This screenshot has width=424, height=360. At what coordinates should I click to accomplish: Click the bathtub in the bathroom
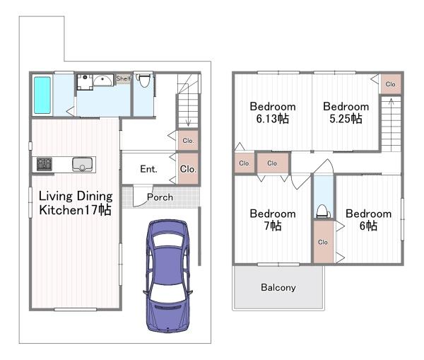[42, 95]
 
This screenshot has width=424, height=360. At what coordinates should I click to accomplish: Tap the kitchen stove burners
[45, 164]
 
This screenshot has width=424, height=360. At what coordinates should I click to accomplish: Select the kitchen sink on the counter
[82, 165]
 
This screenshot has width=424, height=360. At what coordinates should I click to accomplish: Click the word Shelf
[123, 79]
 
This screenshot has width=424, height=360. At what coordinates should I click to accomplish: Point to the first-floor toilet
[144, 80]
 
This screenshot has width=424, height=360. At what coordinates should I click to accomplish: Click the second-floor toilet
[322, 211]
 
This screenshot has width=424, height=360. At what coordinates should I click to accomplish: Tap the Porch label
[160, 197]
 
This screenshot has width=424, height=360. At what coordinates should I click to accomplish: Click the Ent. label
[148, 169]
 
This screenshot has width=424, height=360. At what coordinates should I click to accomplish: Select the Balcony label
[278, 287]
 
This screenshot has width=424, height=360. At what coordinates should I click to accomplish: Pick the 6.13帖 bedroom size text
[273, 119]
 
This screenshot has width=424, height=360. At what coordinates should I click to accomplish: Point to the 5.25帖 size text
[346, 119]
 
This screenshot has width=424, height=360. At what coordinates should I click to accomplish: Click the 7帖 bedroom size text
[273, 226]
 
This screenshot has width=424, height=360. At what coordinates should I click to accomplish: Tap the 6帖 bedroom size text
[368, 226]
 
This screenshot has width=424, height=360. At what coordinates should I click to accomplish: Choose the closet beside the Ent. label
[188, 169]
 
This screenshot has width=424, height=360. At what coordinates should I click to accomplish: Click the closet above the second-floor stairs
[391, 84]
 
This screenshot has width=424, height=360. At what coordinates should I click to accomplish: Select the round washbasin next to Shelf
[103, 80]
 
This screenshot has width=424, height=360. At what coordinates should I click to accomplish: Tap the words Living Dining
[76, 196]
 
